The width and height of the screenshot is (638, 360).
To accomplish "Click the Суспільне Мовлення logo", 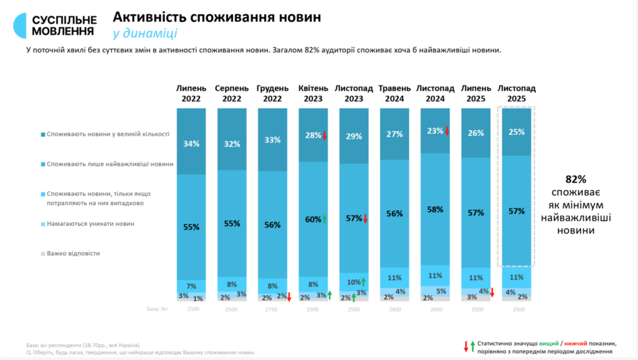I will (55, 23).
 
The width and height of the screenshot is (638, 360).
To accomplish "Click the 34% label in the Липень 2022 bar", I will (191, 144).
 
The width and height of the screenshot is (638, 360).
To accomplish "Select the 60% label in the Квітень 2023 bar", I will (313, 219).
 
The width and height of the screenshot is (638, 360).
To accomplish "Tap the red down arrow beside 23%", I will (447, 131).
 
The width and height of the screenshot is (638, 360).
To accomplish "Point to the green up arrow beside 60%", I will (325, 219).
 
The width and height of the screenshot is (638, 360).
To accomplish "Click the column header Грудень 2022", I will (272, 93).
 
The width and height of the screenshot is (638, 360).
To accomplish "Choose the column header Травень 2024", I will (394, 93).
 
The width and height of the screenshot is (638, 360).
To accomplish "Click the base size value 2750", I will (272, 309).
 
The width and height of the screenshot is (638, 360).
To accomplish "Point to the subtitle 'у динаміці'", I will (145, 34).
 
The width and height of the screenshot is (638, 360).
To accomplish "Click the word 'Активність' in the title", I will (149, 17).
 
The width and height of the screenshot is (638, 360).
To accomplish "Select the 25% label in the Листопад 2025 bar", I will (517, 132).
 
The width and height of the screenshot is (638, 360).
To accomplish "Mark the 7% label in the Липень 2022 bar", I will (191, 287).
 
